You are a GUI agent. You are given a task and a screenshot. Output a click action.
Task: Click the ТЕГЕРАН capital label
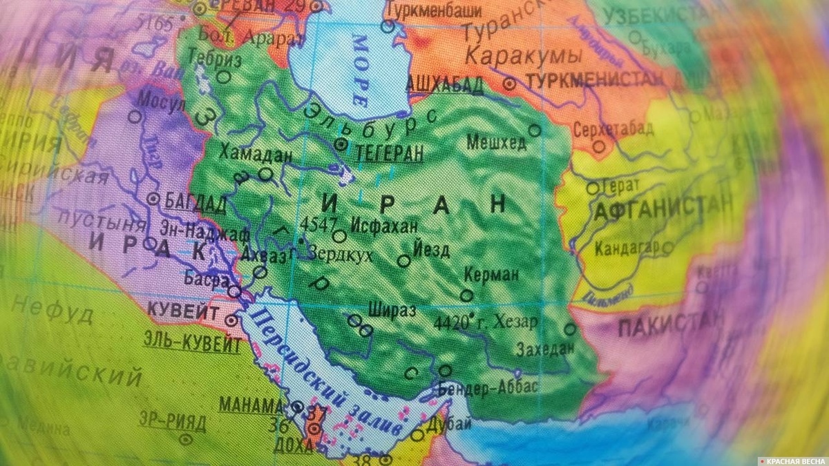(x=388, y=153)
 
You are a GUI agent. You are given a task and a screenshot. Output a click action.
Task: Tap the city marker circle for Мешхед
(x=534, y=129)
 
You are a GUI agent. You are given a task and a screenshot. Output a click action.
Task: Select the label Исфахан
(x=383, y=225)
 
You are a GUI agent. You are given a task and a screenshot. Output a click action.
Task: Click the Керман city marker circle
(x=467, y=295)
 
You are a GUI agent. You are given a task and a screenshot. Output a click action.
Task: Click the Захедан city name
(x=544, y=348)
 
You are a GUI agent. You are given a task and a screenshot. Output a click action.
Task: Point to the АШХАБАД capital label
(x=444, y=85)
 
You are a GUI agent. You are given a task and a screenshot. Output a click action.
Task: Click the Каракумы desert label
(x=522, y=55)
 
